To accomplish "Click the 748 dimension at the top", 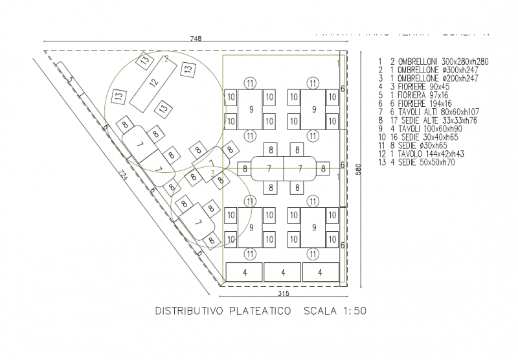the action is point(196,39).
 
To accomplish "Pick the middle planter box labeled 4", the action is point(282,273).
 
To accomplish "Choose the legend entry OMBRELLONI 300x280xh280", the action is point(443,62).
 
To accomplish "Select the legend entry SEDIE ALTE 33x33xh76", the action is point(441,120).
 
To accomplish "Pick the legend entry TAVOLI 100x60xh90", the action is point(434,129).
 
